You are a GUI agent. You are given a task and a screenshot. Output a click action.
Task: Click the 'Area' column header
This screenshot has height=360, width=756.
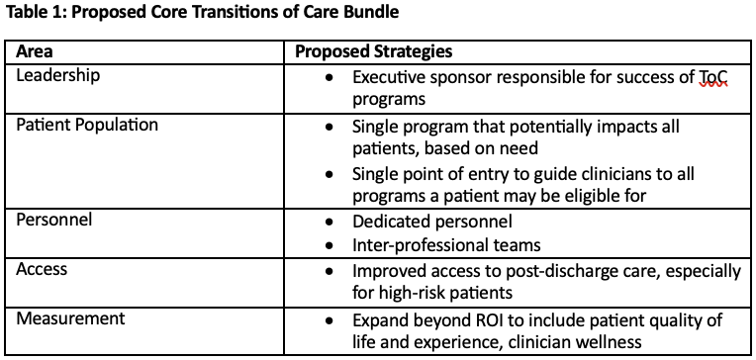[35, 51]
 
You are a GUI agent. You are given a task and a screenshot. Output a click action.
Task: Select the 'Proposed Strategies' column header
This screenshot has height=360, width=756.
[374, 51]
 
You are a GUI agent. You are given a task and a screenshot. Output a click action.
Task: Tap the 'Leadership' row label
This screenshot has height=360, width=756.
[57, 76]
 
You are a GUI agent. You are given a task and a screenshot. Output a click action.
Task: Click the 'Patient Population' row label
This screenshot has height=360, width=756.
[87, 125]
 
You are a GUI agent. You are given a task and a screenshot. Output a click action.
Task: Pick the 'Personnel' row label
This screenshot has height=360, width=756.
[54, 220]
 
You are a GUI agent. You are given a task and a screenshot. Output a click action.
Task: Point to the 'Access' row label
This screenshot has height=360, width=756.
[42, 269]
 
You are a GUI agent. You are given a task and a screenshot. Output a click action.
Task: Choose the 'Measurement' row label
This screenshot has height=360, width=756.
[70, 318]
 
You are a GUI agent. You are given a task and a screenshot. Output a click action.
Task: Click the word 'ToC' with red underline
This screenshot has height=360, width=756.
[712, 76]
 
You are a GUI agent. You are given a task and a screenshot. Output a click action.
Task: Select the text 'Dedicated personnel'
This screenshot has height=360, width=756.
[432, 222]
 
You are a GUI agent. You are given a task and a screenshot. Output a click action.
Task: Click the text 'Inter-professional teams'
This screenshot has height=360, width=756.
[446, 245]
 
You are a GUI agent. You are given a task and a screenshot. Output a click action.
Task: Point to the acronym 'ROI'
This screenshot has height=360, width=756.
[487, 320]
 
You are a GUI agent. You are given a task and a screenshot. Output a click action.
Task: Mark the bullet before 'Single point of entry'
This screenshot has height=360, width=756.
[330, 174]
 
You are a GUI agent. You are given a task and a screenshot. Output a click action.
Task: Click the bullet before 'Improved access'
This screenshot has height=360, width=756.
[330, 271]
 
